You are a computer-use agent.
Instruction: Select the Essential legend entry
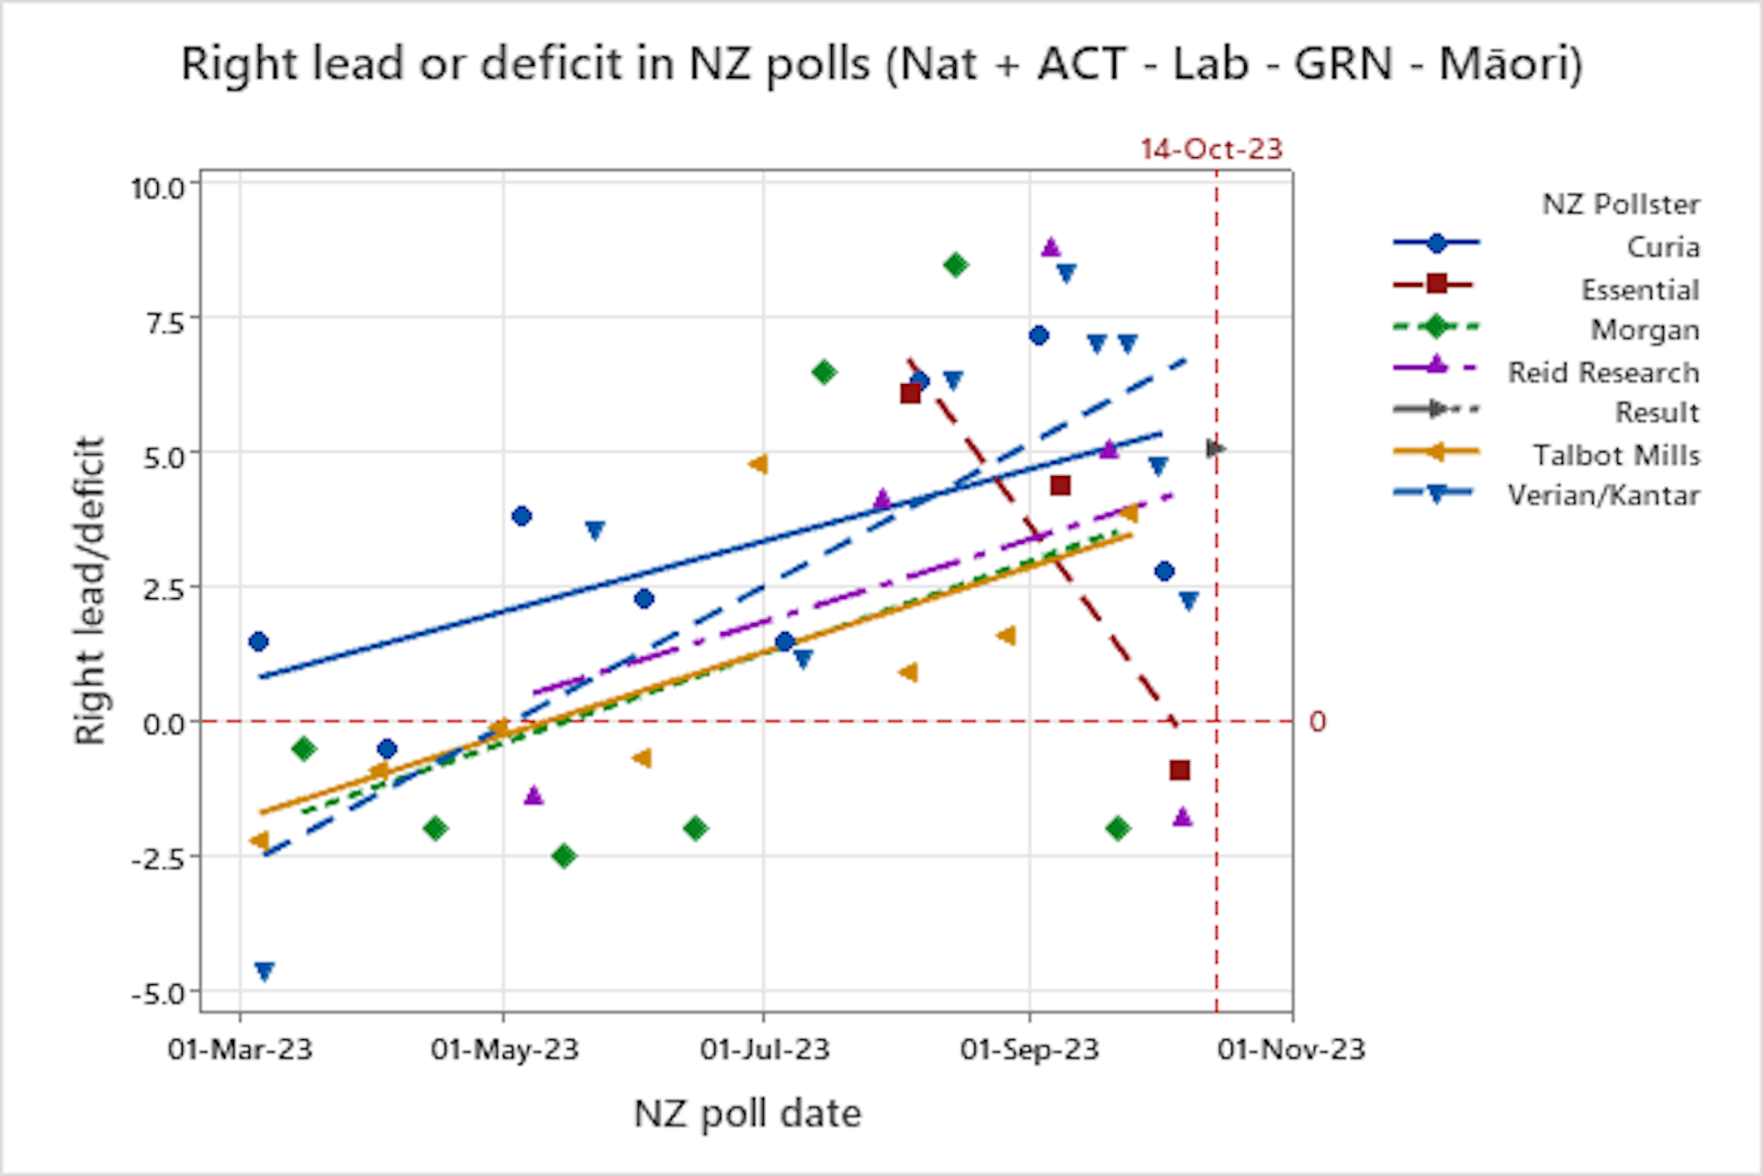tap(1639, 289)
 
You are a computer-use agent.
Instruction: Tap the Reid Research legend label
tap(1603, 372)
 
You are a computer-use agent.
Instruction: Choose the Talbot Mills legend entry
tap(1616, 455)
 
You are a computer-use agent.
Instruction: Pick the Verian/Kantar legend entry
tap(1603, 495)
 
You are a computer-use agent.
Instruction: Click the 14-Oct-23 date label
tap(1211, 149)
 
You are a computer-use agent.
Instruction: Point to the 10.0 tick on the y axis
tap(158, 187)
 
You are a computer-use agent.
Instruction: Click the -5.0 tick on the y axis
tap(158, 993)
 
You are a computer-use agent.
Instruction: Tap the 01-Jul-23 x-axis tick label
tap(765, 1049)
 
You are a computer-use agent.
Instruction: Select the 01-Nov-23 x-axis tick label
tap(1291, 1049)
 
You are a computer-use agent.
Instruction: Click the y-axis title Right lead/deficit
tap(90, 590)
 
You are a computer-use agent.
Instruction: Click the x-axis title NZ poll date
tap(747, 1114)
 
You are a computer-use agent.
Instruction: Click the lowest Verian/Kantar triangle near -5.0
tap(264, 971)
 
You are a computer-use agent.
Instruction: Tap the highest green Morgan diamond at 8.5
tap(955, 266)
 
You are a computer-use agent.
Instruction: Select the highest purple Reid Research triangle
tap(1051, 247)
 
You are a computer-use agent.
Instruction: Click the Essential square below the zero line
tap(1180, 770)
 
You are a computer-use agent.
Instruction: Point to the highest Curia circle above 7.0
tap(1039, 335)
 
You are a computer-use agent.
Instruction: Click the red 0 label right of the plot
tap(1318, 722)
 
